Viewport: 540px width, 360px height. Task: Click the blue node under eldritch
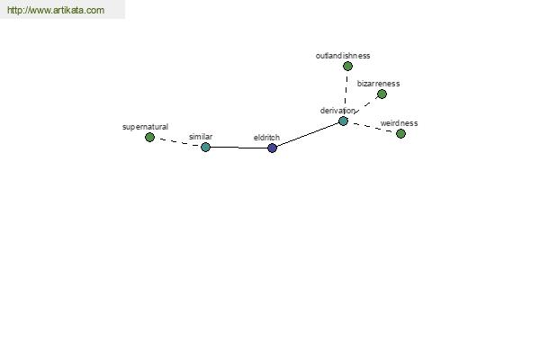point(272,148)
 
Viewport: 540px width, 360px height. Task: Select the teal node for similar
point(205,147)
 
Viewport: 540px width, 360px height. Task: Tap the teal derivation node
point(343,121)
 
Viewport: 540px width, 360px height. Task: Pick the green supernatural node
point(149,137)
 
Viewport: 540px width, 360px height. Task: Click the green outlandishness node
point(347,66)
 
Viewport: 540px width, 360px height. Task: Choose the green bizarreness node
point(382,94)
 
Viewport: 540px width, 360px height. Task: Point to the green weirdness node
point(400,134)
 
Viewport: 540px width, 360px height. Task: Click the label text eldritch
point(266,138)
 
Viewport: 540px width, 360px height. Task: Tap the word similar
point(201,137)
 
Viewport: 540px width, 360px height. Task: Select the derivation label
point(337,111)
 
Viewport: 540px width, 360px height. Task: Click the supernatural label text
point(145,127)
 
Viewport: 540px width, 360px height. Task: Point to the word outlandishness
point(343,56)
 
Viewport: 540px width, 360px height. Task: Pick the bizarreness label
point(378,84)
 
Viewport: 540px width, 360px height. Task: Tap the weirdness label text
point(399,123)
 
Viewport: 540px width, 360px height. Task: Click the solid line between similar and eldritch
point(239,148)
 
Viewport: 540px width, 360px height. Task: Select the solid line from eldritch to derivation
point(308,134)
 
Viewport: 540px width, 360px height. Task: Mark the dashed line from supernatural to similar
point(177,142)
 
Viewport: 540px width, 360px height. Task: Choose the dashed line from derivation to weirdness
point(372,127)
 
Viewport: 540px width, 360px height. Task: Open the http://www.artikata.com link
point(56,10)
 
